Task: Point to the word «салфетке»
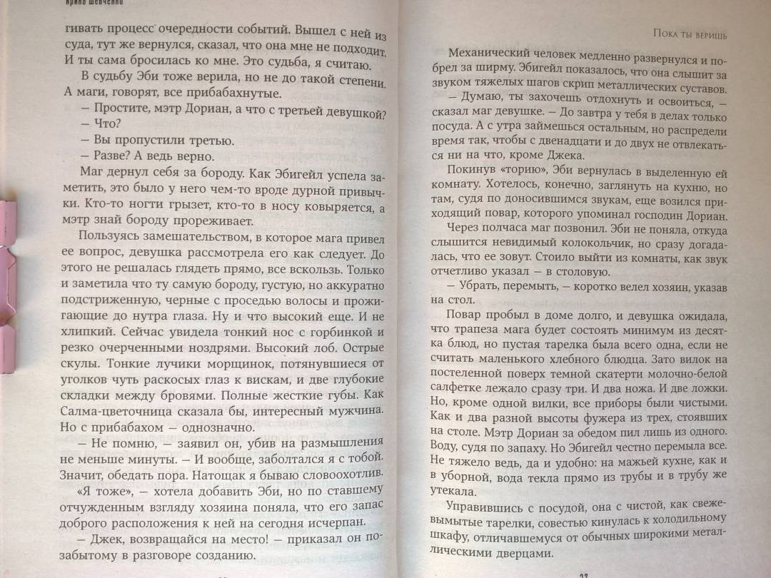[x=457, y=385]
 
